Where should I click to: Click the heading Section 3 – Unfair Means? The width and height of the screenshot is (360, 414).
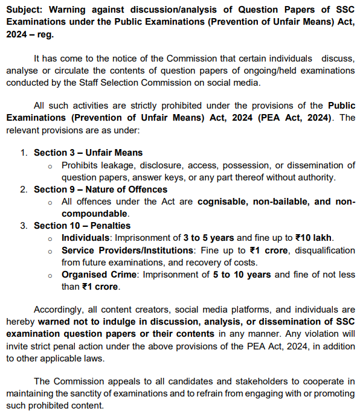click(x=88, y=153)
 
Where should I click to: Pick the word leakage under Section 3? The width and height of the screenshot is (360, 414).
click(x=118, y=165)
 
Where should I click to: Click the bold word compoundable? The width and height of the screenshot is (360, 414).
click(x=94, y=214)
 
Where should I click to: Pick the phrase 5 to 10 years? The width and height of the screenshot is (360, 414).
click(x=242, y=275)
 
